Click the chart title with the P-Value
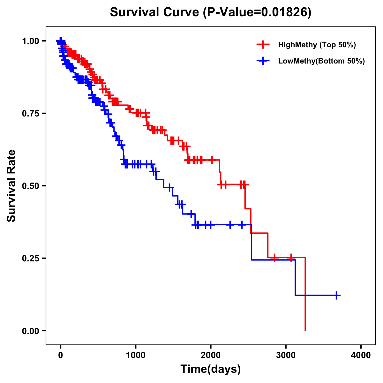[x=210, y=12]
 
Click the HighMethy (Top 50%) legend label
[x=317, y=45]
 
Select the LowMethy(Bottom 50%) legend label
[x=321, y=61]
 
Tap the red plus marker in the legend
[x=263, y=45]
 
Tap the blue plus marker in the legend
[x=263, y=61]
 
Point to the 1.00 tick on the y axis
[x=30, y=41]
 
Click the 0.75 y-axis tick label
[x=30, y=113]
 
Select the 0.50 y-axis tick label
[x=30, y=186]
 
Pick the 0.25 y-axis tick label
[x=30, y=258]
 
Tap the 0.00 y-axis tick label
[x=30, y=331]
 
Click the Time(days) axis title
[x=211, y=369]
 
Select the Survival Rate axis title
[x=11, y=186]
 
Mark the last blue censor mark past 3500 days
[x=336, y=295]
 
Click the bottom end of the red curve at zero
[x=305, y=330]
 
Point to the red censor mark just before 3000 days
[x=274, y=258]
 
